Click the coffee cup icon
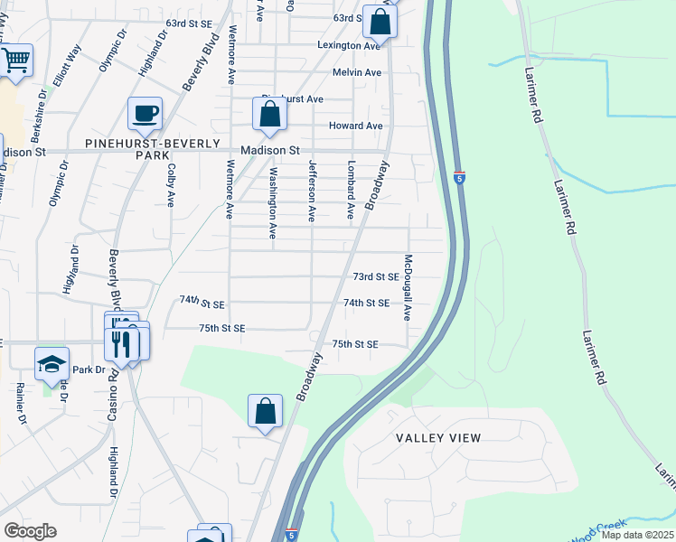click(145, 114)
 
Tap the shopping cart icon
click(15, 61)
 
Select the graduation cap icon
click(52, 364)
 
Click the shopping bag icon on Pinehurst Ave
click(269, 115)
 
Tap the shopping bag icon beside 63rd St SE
click(380, 23)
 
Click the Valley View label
click(438, 438)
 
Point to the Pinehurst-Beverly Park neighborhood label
click(153, 149)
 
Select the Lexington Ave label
click(349, 45)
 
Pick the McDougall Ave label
click(408, 287)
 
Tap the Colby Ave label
click(171, 184)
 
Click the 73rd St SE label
click(376, 276)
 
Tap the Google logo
click(30, 531)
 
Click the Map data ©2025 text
click(637, 535)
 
